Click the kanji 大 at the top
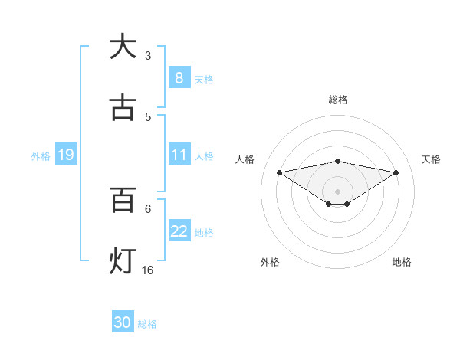[122, 47]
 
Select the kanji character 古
[122, 108]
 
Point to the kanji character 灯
[122, 261]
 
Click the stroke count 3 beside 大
[148, 55]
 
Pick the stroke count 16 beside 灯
[148, 270]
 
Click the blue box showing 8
[179, 78]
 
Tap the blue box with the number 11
[179, 155]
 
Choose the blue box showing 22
[179, 232]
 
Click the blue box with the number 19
[65, 155]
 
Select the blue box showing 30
[122, 322]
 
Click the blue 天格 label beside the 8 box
[203, 80]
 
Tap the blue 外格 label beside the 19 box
[41, 156]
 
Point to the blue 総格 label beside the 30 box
[147, 324]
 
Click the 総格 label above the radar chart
[337, 100]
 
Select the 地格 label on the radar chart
[402, 262]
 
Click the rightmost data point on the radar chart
[396, 172]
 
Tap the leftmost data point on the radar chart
[279, 172]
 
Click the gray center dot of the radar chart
[337, 191]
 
